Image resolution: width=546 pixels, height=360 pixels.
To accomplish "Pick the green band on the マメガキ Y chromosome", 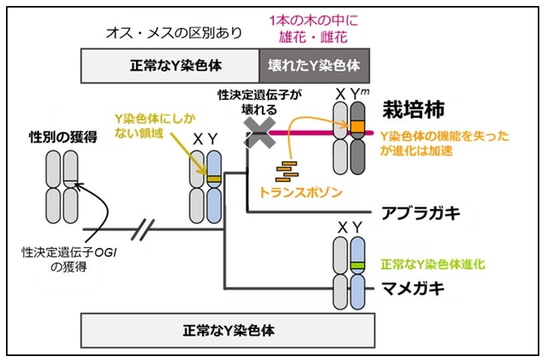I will coord(358,266).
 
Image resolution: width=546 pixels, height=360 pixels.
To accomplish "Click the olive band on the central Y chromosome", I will coord(213,179).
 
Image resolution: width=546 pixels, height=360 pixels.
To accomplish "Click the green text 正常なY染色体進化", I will coord(433,264).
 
